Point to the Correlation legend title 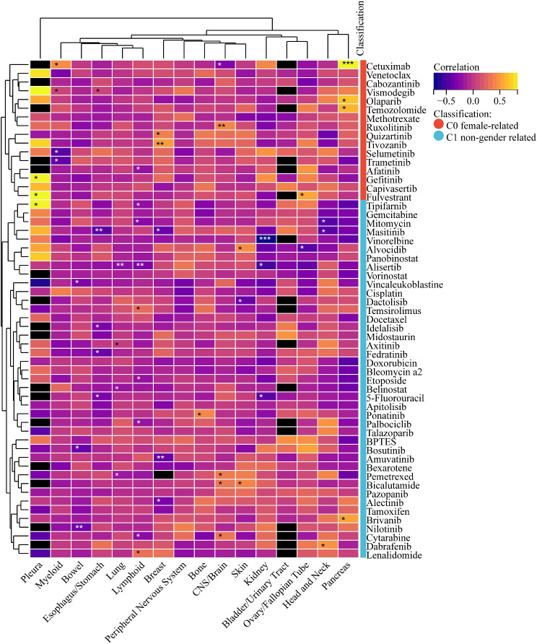coord(459,66)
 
